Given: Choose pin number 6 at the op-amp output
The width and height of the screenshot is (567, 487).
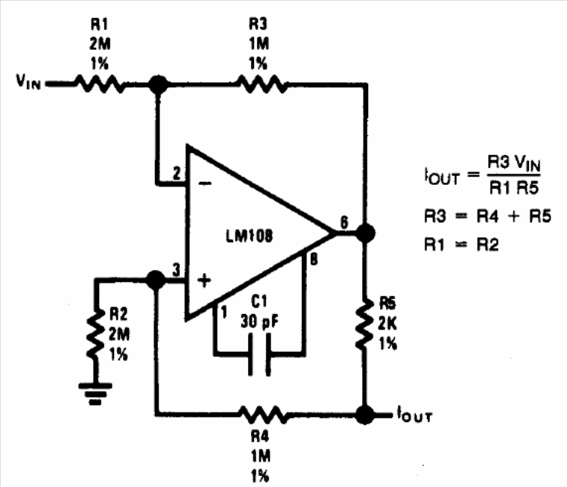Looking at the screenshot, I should [x=343, y=221].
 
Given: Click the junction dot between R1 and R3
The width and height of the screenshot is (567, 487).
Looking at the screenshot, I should [x=156, y=84].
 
